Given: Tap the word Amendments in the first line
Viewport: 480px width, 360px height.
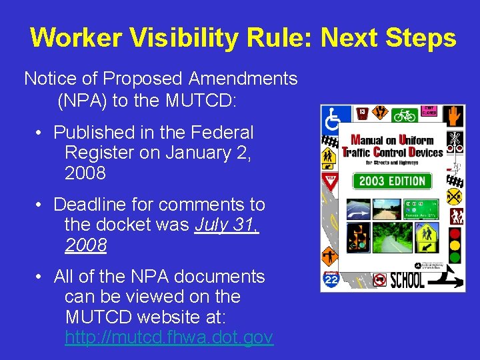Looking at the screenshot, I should coord(243,79).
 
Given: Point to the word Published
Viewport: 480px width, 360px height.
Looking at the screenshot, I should coord(95,133).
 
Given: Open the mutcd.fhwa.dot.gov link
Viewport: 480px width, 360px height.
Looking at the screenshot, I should coord(169,338).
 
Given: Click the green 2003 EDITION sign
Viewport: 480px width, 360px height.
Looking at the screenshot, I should coord(392,181).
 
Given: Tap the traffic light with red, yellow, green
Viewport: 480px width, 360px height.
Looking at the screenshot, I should coord(455,246).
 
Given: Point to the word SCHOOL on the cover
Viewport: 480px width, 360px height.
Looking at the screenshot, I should coord(407,281).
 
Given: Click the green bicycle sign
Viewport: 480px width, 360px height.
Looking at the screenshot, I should coord(405,115).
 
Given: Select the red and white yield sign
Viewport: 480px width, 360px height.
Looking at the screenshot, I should coord(329,181).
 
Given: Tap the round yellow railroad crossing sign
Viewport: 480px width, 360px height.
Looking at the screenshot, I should coord(454,197).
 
